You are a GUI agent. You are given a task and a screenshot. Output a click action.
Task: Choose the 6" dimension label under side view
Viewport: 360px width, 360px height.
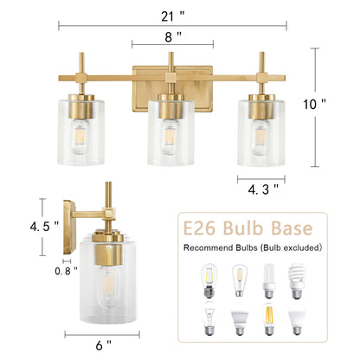click(105, 345)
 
